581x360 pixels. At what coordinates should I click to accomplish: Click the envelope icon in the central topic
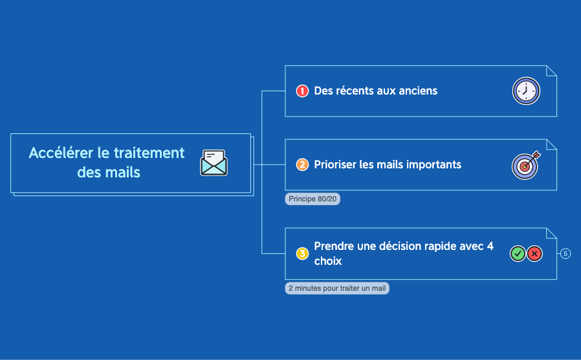(214, 163)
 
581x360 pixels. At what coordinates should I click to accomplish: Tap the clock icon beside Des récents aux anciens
(526, 91)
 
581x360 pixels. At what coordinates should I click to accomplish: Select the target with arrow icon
(526, 165)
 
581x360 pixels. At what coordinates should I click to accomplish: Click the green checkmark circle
(518, 254)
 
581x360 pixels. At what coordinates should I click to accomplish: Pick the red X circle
(534, 254)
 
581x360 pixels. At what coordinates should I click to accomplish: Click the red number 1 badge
(302, 91)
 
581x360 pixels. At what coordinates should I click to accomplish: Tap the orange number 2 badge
(302, 164)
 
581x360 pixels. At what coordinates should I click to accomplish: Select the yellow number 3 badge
(302, 254)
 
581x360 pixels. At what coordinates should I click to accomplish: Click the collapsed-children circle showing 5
(565, 254)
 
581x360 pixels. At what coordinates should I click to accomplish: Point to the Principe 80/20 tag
(312, 199)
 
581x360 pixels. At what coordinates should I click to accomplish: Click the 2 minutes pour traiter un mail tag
(337, 288)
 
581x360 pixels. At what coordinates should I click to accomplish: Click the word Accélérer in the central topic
(61, 153)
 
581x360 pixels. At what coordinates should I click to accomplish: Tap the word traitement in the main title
(149, 153)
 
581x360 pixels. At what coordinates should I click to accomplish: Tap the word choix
(328, 261)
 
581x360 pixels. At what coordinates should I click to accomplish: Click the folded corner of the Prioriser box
(551, 145)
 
